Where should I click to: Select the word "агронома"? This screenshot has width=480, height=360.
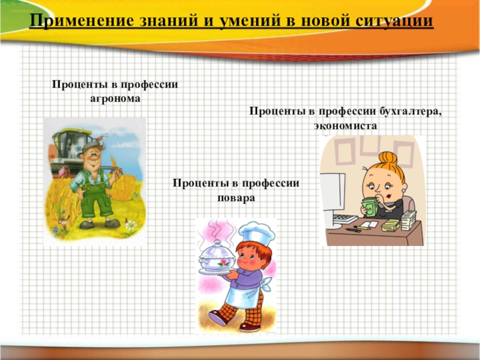click(115, 99)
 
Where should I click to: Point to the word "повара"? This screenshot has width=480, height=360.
click(236, 198)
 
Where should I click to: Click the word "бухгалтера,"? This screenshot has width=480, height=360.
click(411, 111)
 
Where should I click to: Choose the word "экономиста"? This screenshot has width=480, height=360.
click(346, 126)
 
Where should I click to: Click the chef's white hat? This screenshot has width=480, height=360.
click(257, 233)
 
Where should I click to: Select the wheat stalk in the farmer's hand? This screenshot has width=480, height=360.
click(115, 166)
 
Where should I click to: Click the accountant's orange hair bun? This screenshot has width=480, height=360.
click(388, 158)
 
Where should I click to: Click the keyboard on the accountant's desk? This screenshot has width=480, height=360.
click(345, 219)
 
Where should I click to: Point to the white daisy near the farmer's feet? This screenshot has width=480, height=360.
click(131, 226)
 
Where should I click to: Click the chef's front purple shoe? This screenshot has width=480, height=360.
click(218, 317)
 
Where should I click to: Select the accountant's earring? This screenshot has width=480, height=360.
click(404, 190)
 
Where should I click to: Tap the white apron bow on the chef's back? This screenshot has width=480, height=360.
click(266, 284)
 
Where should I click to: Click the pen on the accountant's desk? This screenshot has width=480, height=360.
click(353, 230)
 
